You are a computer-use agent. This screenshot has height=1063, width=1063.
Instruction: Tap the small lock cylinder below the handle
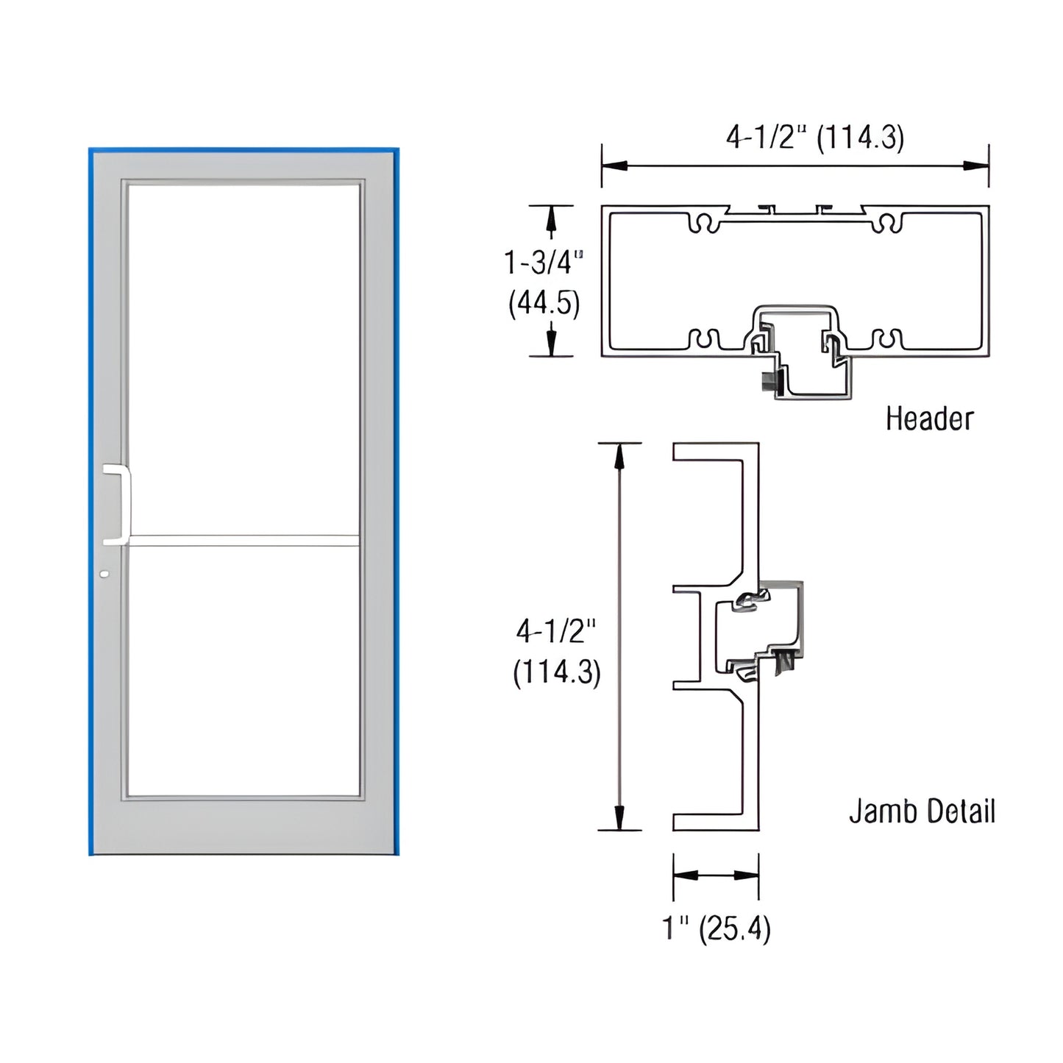(x=104, y=573)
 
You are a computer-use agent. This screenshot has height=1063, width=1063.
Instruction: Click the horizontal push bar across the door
(x=243, y=541)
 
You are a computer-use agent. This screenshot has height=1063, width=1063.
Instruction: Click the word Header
(x=929, y=419)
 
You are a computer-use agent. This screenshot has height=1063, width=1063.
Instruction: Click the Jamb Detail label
(x=922, y=811)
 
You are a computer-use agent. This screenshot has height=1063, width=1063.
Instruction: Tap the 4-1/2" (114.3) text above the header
(x=814, y=138)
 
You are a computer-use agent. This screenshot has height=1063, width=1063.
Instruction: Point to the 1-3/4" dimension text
(x=544, y=263)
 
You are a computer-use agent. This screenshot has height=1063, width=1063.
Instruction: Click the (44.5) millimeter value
(x=544, y=303)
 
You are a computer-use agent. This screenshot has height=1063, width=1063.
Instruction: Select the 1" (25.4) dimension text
(x=716, y=928)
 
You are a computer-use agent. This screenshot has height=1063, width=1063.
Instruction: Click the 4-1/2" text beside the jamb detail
(x=555, y=631)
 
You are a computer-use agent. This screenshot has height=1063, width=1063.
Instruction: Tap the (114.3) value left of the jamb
(x=557, y=672)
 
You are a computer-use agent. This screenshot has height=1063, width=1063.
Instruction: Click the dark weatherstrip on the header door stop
(x=769, y=381)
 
